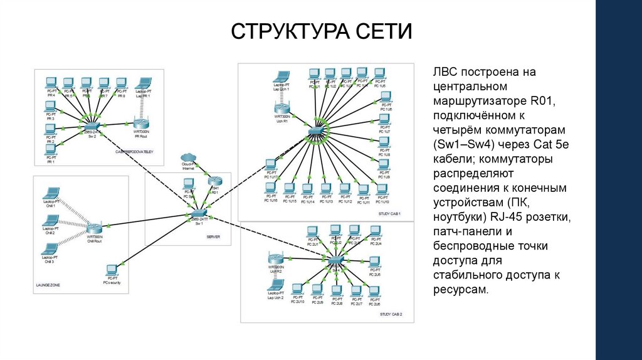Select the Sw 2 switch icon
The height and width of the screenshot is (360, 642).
click(92, 127)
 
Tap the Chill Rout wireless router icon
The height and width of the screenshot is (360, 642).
click(94, 228)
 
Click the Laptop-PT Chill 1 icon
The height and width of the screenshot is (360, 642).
click(50, 194)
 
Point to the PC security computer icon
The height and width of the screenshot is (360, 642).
click(112, 270)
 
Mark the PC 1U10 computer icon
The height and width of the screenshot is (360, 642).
click(382, 189)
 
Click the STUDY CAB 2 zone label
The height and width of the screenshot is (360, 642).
click(391, 314)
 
